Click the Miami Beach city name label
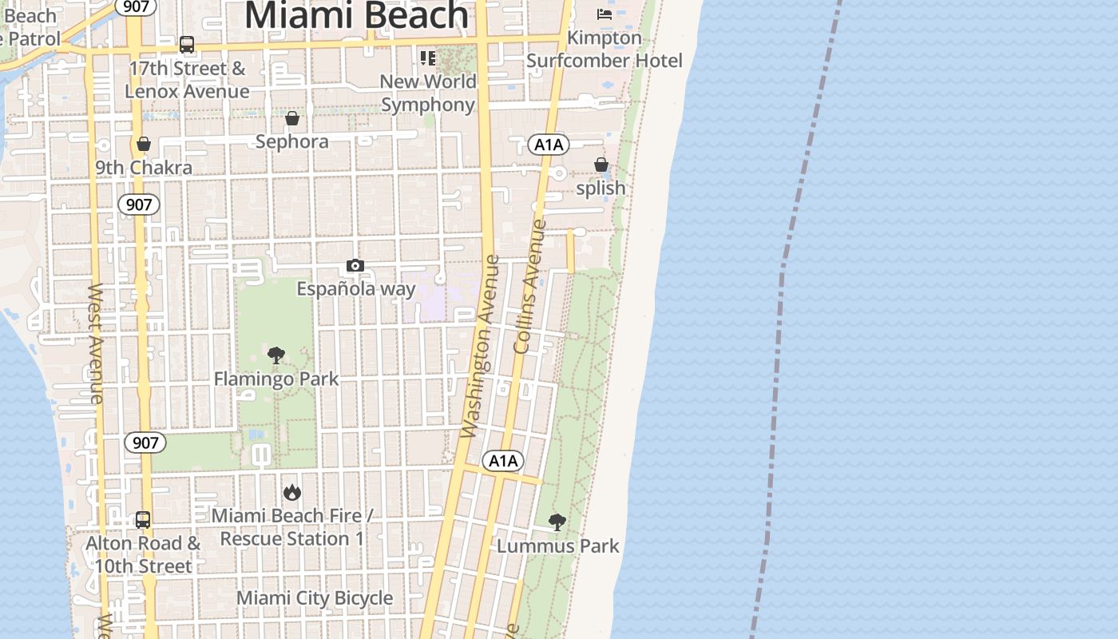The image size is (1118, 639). click(x=356, y=15)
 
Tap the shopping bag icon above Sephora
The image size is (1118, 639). click(x=292, y=118)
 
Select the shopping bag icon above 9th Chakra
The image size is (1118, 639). click(x=144, y=144)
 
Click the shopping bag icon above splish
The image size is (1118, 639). click(x=601, y=165)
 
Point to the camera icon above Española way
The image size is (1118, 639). click(x=355, y=265)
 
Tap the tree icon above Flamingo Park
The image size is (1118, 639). click(x=276, y=355)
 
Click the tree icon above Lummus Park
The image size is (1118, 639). click(x=557, y=522)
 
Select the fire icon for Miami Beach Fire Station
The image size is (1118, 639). click(x=292, y=492)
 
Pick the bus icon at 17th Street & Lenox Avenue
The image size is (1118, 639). click(x=187, y=45)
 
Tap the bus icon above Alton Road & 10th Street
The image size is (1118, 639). click(x=143, y=520)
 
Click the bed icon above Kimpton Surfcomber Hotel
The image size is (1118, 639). click(x=605, y=14)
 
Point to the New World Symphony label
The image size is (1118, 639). click(x=428, y=93)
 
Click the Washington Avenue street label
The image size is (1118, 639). click(x=481, y=347)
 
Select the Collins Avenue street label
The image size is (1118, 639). click(x=529, y=288)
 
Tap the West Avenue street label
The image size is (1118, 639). click(x=95, y=343)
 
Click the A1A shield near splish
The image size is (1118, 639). click(x=548, y=145)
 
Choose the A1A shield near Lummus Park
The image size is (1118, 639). click(x=503, y=460)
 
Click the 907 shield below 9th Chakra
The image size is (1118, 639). click(x=139, y=204)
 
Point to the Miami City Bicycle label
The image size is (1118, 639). click(x=315, y=597)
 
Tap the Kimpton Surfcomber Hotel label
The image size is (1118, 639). click(x=605, y=49)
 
